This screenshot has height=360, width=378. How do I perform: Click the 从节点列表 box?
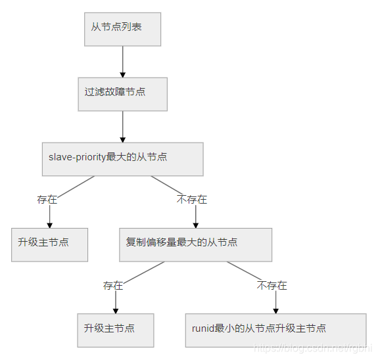click(122, 29)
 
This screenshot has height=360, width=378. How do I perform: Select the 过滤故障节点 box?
click(122, 94)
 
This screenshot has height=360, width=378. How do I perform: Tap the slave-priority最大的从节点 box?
click(122, 159)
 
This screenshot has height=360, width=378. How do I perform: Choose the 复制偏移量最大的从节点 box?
click(195, 244)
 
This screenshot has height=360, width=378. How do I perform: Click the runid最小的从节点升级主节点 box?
click(275, 330)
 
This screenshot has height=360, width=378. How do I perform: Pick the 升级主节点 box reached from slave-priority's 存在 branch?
click(49, 244)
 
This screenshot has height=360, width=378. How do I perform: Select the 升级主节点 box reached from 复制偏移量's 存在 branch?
click(116, 330)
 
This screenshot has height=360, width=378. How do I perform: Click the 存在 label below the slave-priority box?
click(47, 199)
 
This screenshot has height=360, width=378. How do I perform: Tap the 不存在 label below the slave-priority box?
click(192, 199)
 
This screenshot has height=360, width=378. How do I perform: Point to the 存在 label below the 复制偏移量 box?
click(113, 285)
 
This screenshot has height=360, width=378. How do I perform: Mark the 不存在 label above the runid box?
click(272, 285)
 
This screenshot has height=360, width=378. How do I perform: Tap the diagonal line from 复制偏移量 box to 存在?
click(141, 272)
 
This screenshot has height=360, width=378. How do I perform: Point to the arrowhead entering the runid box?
click(275, 310)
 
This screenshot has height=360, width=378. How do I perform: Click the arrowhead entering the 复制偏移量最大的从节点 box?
click(195, 225)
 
